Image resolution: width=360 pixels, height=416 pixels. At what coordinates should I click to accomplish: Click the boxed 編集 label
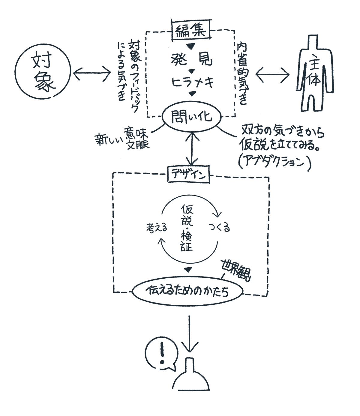point(191,30)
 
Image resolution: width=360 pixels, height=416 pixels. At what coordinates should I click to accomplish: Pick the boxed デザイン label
point(188,174)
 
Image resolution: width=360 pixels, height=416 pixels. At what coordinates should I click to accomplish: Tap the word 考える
point(157,228)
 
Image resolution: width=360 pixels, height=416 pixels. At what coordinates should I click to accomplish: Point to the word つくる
point(219,228)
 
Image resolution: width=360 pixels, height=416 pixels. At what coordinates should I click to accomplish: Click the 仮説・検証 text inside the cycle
point(187,228)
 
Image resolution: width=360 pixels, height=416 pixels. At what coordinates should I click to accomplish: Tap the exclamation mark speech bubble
point(161,355)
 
